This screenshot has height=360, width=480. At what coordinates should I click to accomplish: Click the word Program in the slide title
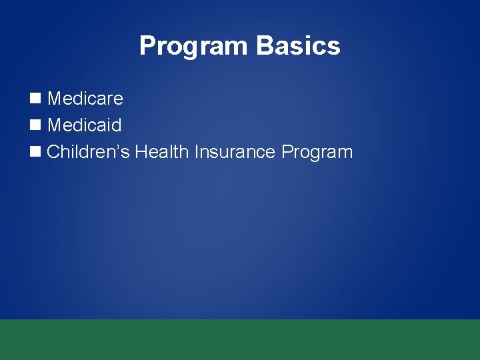[194, 47]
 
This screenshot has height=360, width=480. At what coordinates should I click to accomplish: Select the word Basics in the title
[298, 46]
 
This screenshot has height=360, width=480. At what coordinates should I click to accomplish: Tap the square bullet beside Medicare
[35, 99]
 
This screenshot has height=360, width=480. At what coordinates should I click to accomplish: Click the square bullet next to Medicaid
[35, 125]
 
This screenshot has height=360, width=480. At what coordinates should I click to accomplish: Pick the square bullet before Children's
[35, 152]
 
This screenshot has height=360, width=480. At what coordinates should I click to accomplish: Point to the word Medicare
[85, 99]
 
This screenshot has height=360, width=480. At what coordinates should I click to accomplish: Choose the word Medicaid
[85, 125]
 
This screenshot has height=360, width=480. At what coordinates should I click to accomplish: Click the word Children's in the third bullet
[89, 152]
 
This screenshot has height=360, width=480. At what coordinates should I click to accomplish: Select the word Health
[162, 152]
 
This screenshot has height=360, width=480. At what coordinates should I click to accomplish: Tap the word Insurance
[235, 152]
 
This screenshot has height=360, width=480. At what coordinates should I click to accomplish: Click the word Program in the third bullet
[317, 153]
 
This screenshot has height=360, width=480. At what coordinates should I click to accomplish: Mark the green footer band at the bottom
[240, 339]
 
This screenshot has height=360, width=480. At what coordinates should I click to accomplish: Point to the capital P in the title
[147, 46]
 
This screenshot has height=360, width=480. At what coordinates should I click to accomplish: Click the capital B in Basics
[265, 46]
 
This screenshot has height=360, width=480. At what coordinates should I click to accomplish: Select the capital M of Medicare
[55, 99]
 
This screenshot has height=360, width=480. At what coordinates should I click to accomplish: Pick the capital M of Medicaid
[55, 125]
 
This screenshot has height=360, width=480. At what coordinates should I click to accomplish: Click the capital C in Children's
[54, 152]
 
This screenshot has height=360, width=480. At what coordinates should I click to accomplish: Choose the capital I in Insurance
[197, 152]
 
